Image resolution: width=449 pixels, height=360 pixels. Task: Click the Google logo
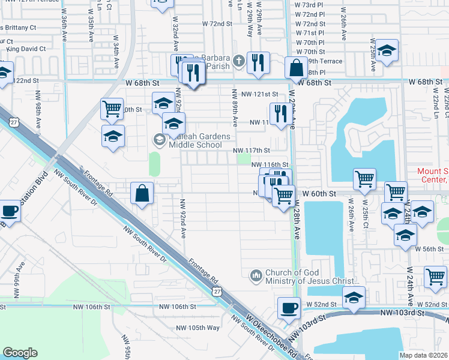[x=20, y=353]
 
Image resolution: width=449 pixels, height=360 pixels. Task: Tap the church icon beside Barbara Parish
[x=238, y=61]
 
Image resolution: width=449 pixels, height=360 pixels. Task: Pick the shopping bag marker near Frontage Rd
[x=142, y=194]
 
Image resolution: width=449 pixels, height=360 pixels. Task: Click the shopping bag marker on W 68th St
[x=297, y=67]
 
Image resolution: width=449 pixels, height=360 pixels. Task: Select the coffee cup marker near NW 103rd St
[x=289, y=308]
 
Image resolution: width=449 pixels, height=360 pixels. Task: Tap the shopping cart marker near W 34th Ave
[x=112, y=109]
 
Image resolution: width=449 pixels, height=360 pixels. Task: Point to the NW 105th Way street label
[x=198, y=328]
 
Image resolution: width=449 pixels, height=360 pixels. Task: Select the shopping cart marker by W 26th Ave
[x=364, y=179]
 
